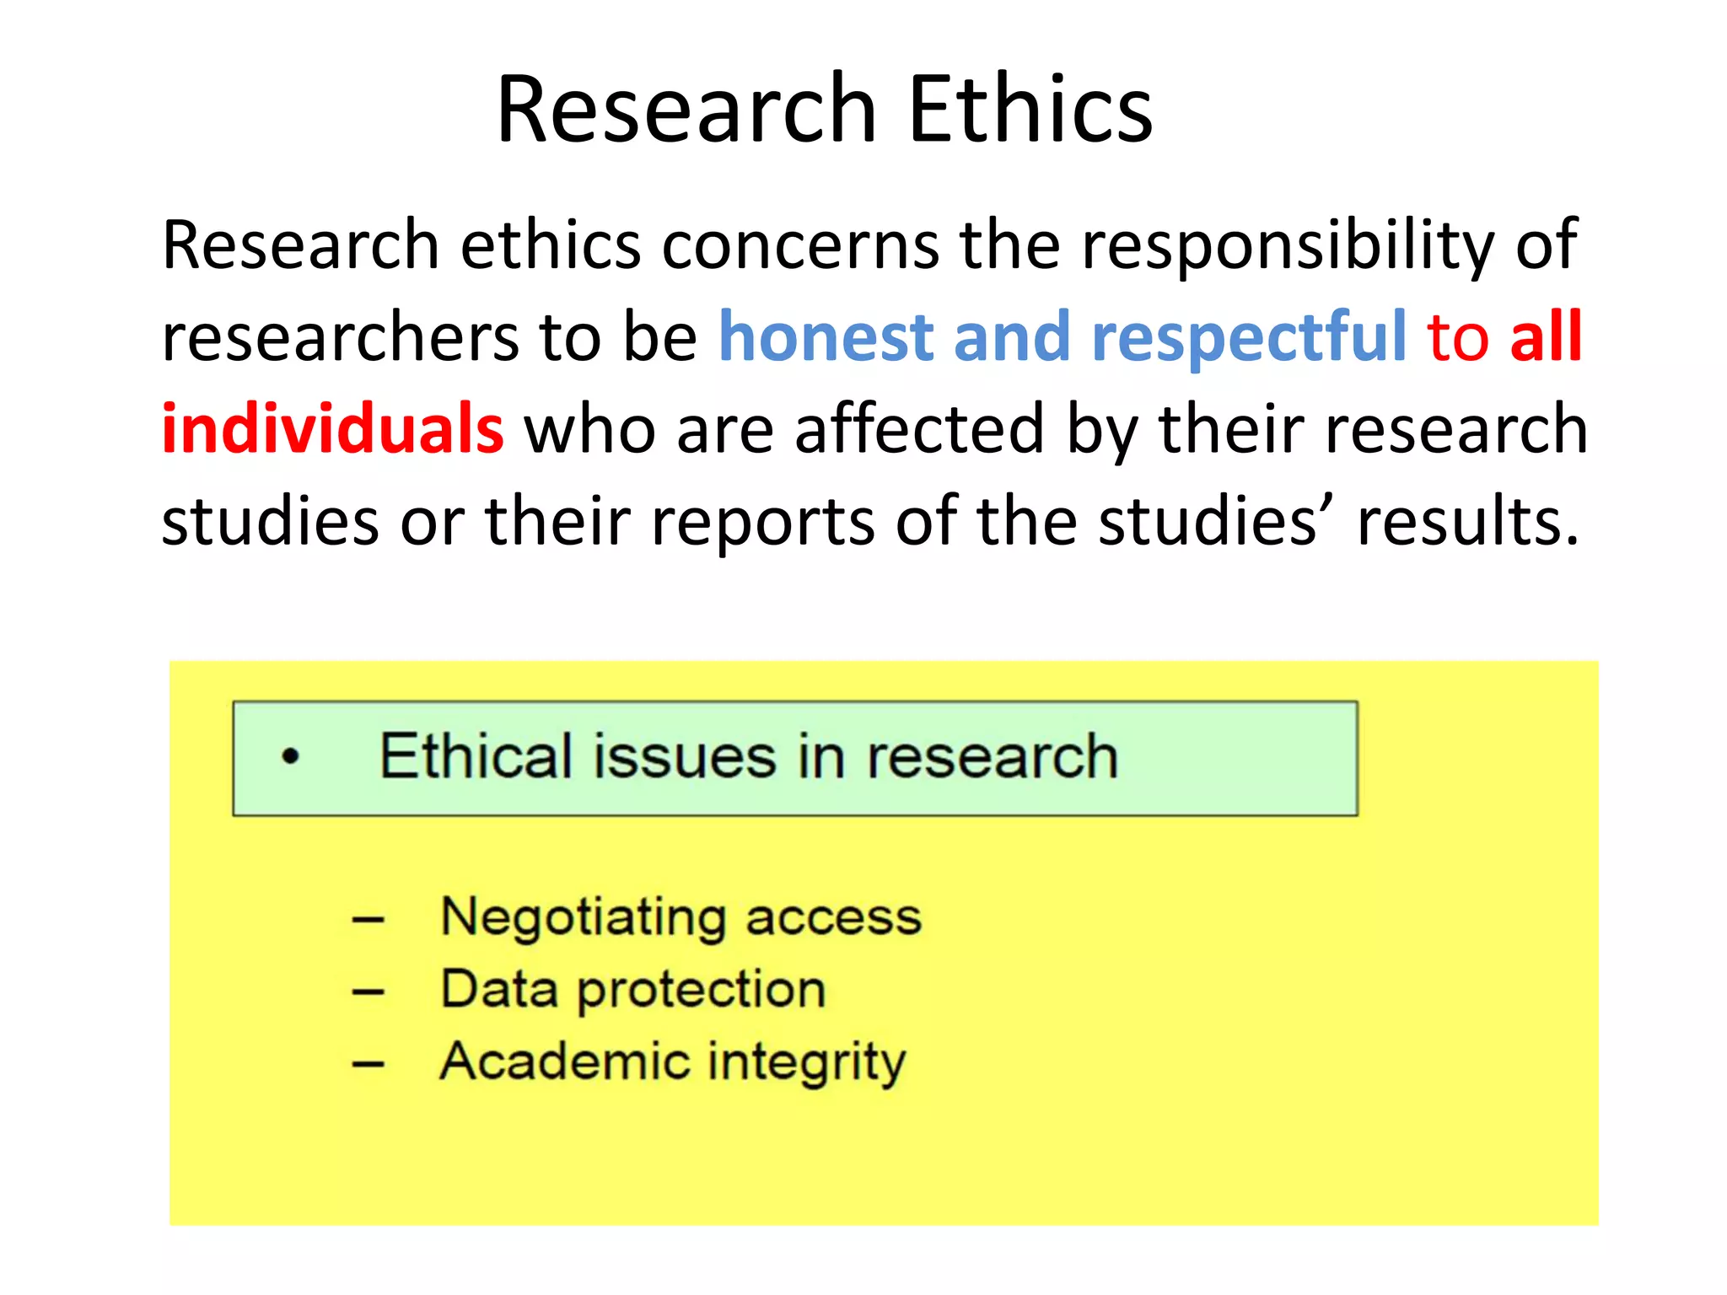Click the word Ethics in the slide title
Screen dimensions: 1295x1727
tap(1030, 110)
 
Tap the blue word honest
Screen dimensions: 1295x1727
tap(826, 336)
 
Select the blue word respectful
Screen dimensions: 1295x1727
tap(1248, 336)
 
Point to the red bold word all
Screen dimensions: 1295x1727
tap(1545, 336)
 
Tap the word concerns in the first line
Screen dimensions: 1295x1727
tap(800, 245)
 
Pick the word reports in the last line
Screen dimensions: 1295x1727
tap(763, 521)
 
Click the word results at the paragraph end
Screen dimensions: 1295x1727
tap(1467, 521)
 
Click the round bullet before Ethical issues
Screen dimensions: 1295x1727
tap(291, 756)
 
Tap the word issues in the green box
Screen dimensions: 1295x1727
tap(684, 756)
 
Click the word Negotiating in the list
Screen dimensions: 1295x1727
tap(583, 916)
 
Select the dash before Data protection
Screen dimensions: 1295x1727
tap(369, 992)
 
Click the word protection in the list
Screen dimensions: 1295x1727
tap(701, 990)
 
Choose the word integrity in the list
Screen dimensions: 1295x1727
tap(806, 1062)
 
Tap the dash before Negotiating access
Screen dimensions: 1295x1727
tap(369, 920)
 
